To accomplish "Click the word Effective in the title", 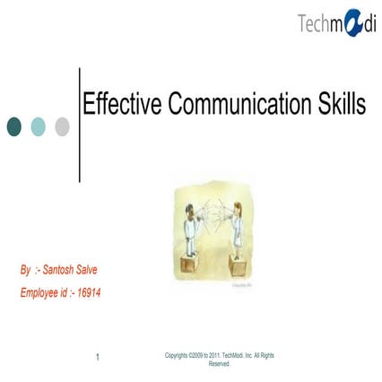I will click(x=118, y=105).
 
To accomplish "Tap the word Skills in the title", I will click(x=339, y=105).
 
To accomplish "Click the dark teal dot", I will click(x=15, y=126).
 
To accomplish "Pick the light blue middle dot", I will click(x=39, y=126).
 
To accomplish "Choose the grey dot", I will click(x=62, y=126).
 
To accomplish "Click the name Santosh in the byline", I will click(x=61, y=269).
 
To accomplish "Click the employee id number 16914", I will click(x=89, y=292).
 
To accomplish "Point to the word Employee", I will click(x=39, y=292).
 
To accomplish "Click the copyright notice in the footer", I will click(x=220, y=360).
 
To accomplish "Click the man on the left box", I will click(x=191, y=230).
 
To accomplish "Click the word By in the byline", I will click(x=25, y=269).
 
